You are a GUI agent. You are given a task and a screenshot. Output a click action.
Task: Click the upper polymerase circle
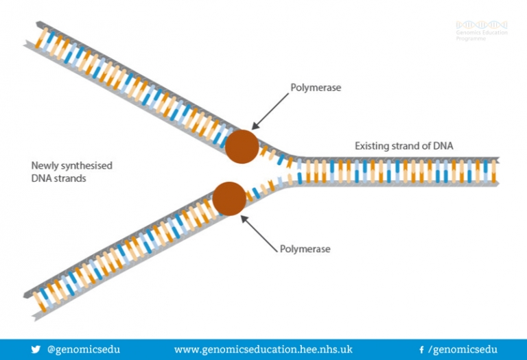pos(242,146)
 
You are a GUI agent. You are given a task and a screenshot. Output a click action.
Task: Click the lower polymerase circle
pos(229,197)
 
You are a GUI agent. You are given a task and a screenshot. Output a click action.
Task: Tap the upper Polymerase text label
pos(316,88)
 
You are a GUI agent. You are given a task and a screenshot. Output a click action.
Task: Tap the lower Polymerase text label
pos(305,249)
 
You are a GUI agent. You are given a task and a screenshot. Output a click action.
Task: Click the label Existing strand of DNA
pos(403,145)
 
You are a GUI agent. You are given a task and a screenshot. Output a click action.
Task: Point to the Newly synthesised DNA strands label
pos(72,171)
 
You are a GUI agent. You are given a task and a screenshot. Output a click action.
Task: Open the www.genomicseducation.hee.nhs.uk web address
pos(263,349)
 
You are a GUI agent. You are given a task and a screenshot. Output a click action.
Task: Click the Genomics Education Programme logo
pos(481,31)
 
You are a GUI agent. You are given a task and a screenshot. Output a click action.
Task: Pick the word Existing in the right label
pos(371,145)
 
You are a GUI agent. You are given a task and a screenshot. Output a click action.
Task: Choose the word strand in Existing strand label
pos(404,145)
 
